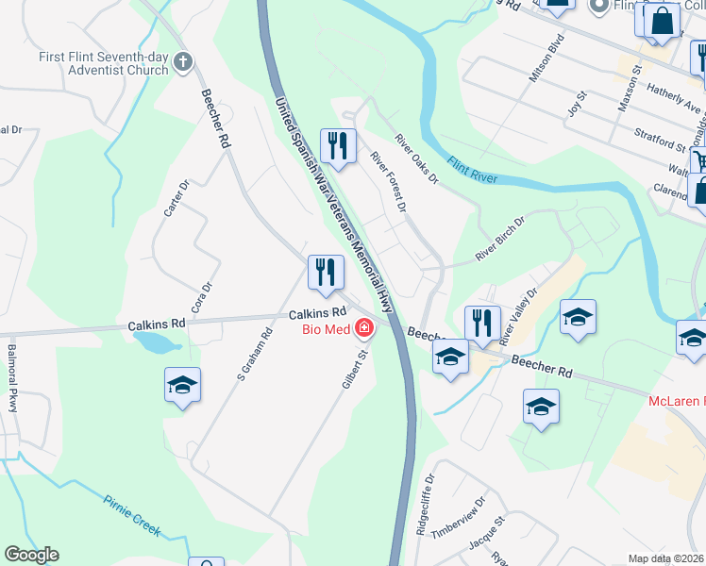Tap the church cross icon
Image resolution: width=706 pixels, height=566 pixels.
(x=183, y=64)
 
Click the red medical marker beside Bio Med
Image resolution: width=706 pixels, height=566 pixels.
(x=362, y=329)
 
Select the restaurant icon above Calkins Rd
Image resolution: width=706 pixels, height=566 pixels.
(x=325, y=273)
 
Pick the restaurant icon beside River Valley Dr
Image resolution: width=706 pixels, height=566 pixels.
(x=481, y=323)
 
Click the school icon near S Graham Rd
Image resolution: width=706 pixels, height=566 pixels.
(x=182, y=385)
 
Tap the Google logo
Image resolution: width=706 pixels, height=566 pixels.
(x=31, y=555)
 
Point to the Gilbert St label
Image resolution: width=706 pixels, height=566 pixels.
(x=354, y=371)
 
